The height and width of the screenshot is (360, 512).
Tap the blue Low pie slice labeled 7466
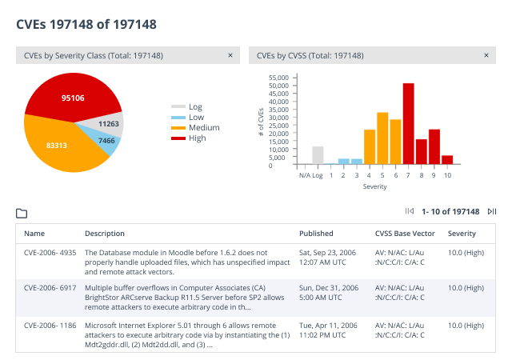106,141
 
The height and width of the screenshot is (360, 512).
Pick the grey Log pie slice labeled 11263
109,124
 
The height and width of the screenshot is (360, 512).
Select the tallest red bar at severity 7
409,123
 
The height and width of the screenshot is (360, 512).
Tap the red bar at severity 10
447,159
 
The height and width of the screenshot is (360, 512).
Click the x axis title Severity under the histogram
374,187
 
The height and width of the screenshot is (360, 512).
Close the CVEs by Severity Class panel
230,55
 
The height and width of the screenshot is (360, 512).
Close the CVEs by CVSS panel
485,55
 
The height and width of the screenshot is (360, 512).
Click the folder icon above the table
22,214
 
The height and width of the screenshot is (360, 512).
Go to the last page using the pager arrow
491,212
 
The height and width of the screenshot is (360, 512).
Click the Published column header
316,234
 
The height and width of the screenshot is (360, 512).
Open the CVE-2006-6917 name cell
50,286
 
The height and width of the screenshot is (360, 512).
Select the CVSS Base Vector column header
405,234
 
